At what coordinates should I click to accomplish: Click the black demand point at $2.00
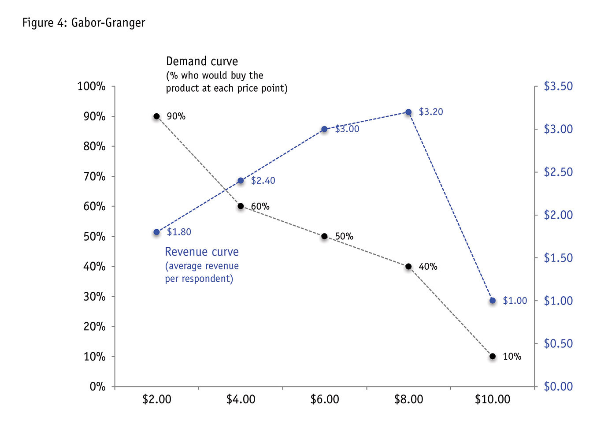[x=156, y=116]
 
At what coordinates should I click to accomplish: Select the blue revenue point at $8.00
[x=408, y=112]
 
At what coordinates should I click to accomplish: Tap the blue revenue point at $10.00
[x=493, y=301]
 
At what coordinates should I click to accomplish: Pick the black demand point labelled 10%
[x=493, y=356]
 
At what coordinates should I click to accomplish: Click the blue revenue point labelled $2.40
[x=241, y=181]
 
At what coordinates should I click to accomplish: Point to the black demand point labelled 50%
[x=324, y=236]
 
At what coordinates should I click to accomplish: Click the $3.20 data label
[x=431, y=112]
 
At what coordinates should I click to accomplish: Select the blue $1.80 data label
[x=179, y=232]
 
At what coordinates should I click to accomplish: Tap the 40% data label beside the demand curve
[x=428, y=267]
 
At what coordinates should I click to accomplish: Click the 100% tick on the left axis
[x=92, y=86]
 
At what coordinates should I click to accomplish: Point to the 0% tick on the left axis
[x=97, y=387]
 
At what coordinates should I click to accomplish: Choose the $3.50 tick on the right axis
[x=558, y=86]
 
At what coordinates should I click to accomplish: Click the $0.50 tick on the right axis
[x=558, y=343]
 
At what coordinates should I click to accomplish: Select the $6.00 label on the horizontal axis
[x=325, y=399]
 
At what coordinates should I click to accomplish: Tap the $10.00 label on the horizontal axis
[x=493, y=399]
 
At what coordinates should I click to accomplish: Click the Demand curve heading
[x=202, y=61]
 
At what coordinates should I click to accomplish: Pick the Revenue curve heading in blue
[x=202, y=252]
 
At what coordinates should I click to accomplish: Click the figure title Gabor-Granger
[x=84, y=22]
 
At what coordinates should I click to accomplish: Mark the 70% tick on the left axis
[x=94, y=176]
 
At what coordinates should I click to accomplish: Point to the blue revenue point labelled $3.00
[x=324, y=129]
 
